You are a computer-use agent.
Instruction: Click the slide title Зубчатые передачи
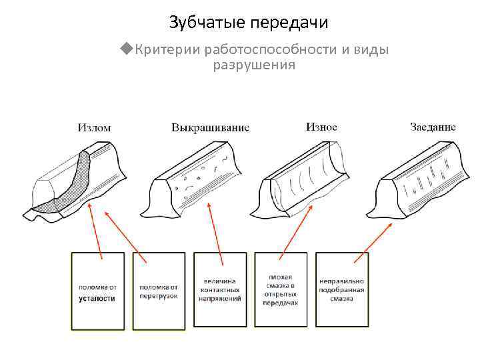point(249,23)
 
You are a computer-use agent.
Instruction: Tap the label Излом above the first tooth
point(94,127)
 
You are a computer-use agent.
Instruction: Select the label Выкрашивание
point(210,127)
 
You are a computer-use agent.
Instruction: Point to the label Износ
point(321,126)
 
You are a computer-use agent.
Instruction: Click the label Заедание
point(432,127)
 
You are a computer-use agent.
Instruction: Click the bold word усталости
point(98,298)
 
